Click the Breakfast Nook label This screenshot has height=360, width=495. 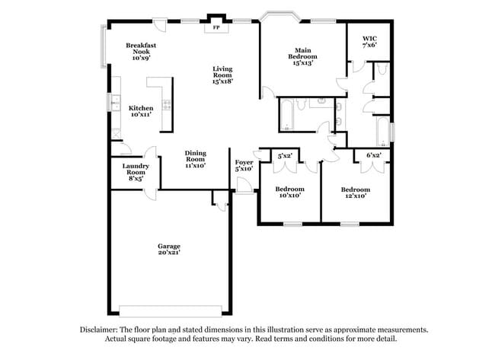point(141,51)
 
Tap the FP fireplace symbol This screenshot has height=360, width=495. point(216,28)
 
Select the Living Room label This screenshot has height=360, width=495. point(222,74)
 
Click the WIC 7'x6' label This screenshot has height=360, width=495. point(369,42)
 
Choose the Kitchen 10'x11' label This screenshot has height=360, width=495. point(141,111)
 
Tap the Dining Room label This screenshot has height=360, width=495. point(196,159)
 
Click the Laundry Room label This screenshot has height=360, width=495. point(136,170)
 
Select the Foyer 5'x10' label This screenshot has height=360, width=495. point(244,167)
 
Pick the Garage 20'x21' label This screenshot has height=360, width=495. point(169,250)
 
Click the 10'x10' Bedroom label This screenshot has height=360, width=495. point(289,192)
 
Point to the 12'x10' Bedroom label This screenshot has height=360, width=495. point(355,193)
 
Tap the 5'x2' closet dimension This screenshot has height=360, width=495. point(285,155)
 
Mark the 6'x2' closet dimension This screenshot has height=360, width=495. point(373,155)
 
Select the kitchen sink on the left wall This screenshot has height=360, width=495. point(117,105)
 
